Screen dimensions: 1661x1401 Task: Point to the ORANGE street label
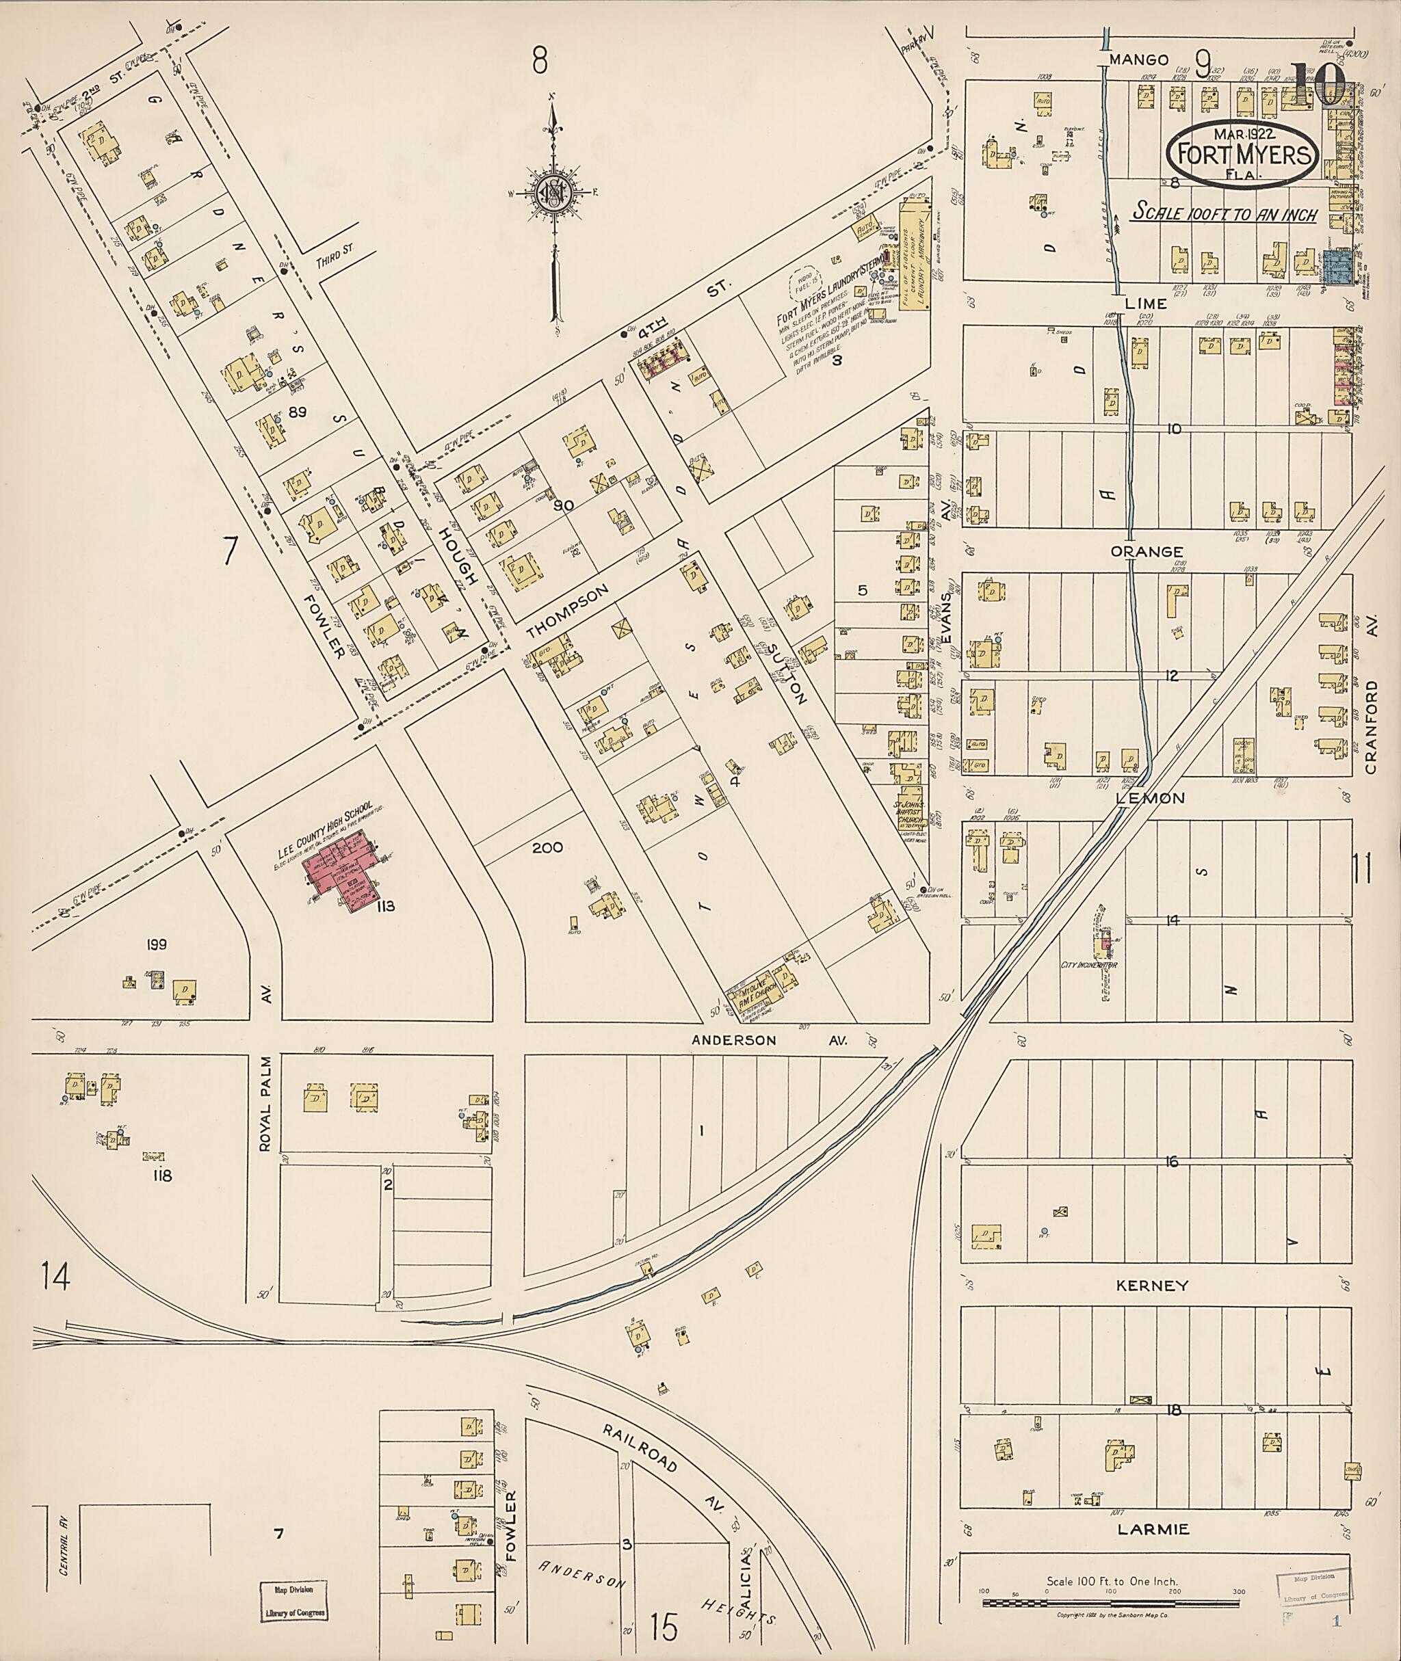pyautogui.click(x=1147, y=551)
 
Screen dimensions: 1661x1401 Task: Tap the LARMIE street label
pyautogui.click(x=1153, y=1529)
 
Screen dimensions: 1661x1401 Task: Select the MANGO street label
pyautogui.click(x=1140, y=59)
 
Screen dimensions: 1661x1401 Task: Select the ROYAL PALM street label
pyautogui.click(x=265, y=1104)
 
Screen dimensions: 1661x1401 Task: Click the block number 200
pyautogui.click(x=547, y=848)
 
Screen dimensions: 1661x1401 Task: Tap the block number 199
pyautogui.click(x=157, y=945)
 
